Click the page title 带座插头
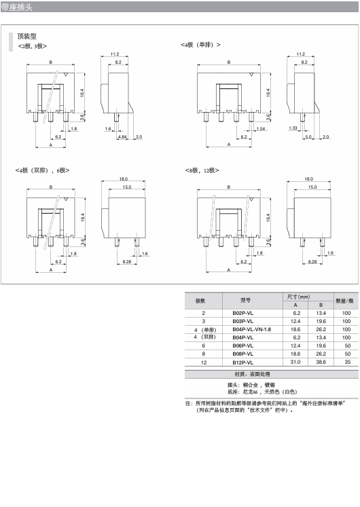tap(16, 7)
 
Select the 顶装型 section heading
tap(27, 36)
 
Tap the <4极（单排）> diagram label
tap(200, 45)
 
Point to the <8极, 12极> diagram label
tap(202, 170)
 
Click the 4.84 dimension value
tap(122, 137)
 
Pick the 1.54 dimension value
tap(261, 129)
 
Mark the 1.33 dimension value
tap(293, 128)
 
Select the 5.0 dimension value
tap(308, 137)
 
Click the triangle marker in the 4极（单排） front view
tap(251, 75)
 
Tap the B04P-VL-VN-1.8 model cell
tap(251, 329)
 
